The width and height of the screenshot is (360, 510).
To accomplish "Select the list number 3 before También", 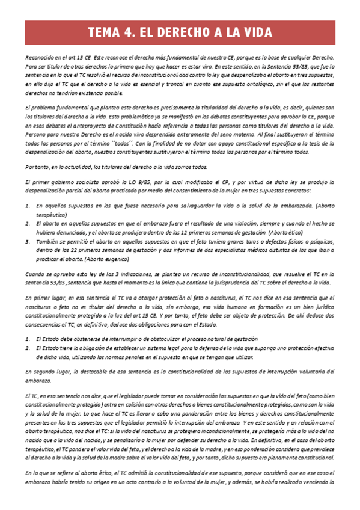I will click(27, 241).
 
